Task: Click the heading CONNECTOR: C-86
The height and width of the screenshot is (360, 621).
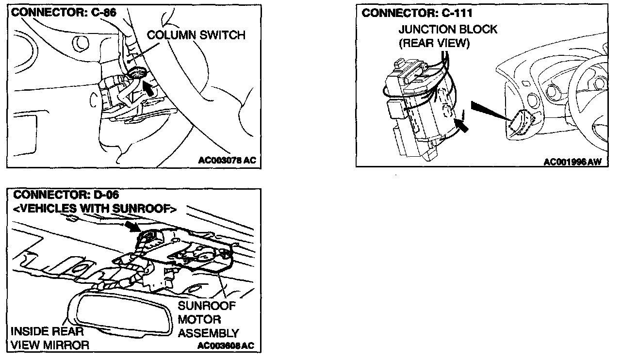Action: [64, 13]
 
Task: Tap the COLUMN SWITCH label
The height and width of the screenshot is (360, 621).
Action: [196, 35]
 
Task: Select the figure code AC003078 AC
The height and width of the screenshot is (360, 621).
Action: [227, 160]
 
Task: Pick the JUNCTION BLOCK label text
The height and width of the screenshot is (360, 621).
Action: [448, 30]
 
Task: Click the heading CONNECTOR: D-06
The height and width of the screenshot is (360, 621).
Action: [66, 196]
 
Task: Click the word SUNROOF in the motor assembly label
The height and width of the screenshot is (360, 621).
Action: [207, 306]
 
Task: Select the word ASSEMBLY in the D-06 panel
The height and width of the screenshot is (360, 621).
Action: [209, 333]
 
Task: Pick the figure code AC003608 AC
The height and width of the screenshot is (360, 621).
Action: [226, 346]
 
